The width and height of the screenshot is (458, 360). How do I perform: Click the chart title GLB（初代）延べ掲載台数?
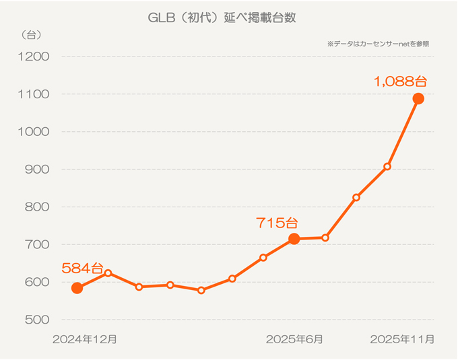pyautogui.click(x=222, y=18)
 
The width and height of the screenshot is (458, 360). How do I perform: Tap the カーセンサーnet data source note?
pyautogui.click(x=379, y=44)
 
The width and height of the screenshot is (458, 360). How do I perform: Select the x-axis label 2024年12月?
pyautogui.click(x=85, y=339)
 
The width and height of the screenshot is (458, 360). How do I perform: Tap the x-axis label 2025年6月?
pyautogui.click(x=294, y=339)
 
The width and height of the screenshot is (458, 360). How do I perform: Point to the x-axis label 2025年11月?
pyautogui.click(x=402, y=339)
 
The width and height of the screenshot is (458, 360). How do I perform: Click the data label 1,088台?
pyautogui.click(x=401, y=81)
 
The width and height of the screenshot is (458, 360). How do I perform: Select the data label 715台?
pyautogui.click(x=276, y=222)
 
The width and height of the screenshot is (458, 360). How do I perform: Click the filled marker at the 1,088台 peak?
pyautogui.click(x=418, y=99)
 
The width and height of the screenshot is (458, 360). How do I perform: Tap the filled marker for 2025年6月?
pyautogui.click(x=294, y=239)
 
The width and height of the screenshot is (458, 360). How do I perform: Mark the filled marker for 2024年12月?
pyautogui.click(x=77, y=288)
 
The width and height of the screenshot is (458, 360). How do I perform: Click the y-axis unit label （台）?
pyautogui.click(x=31, y=34)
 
